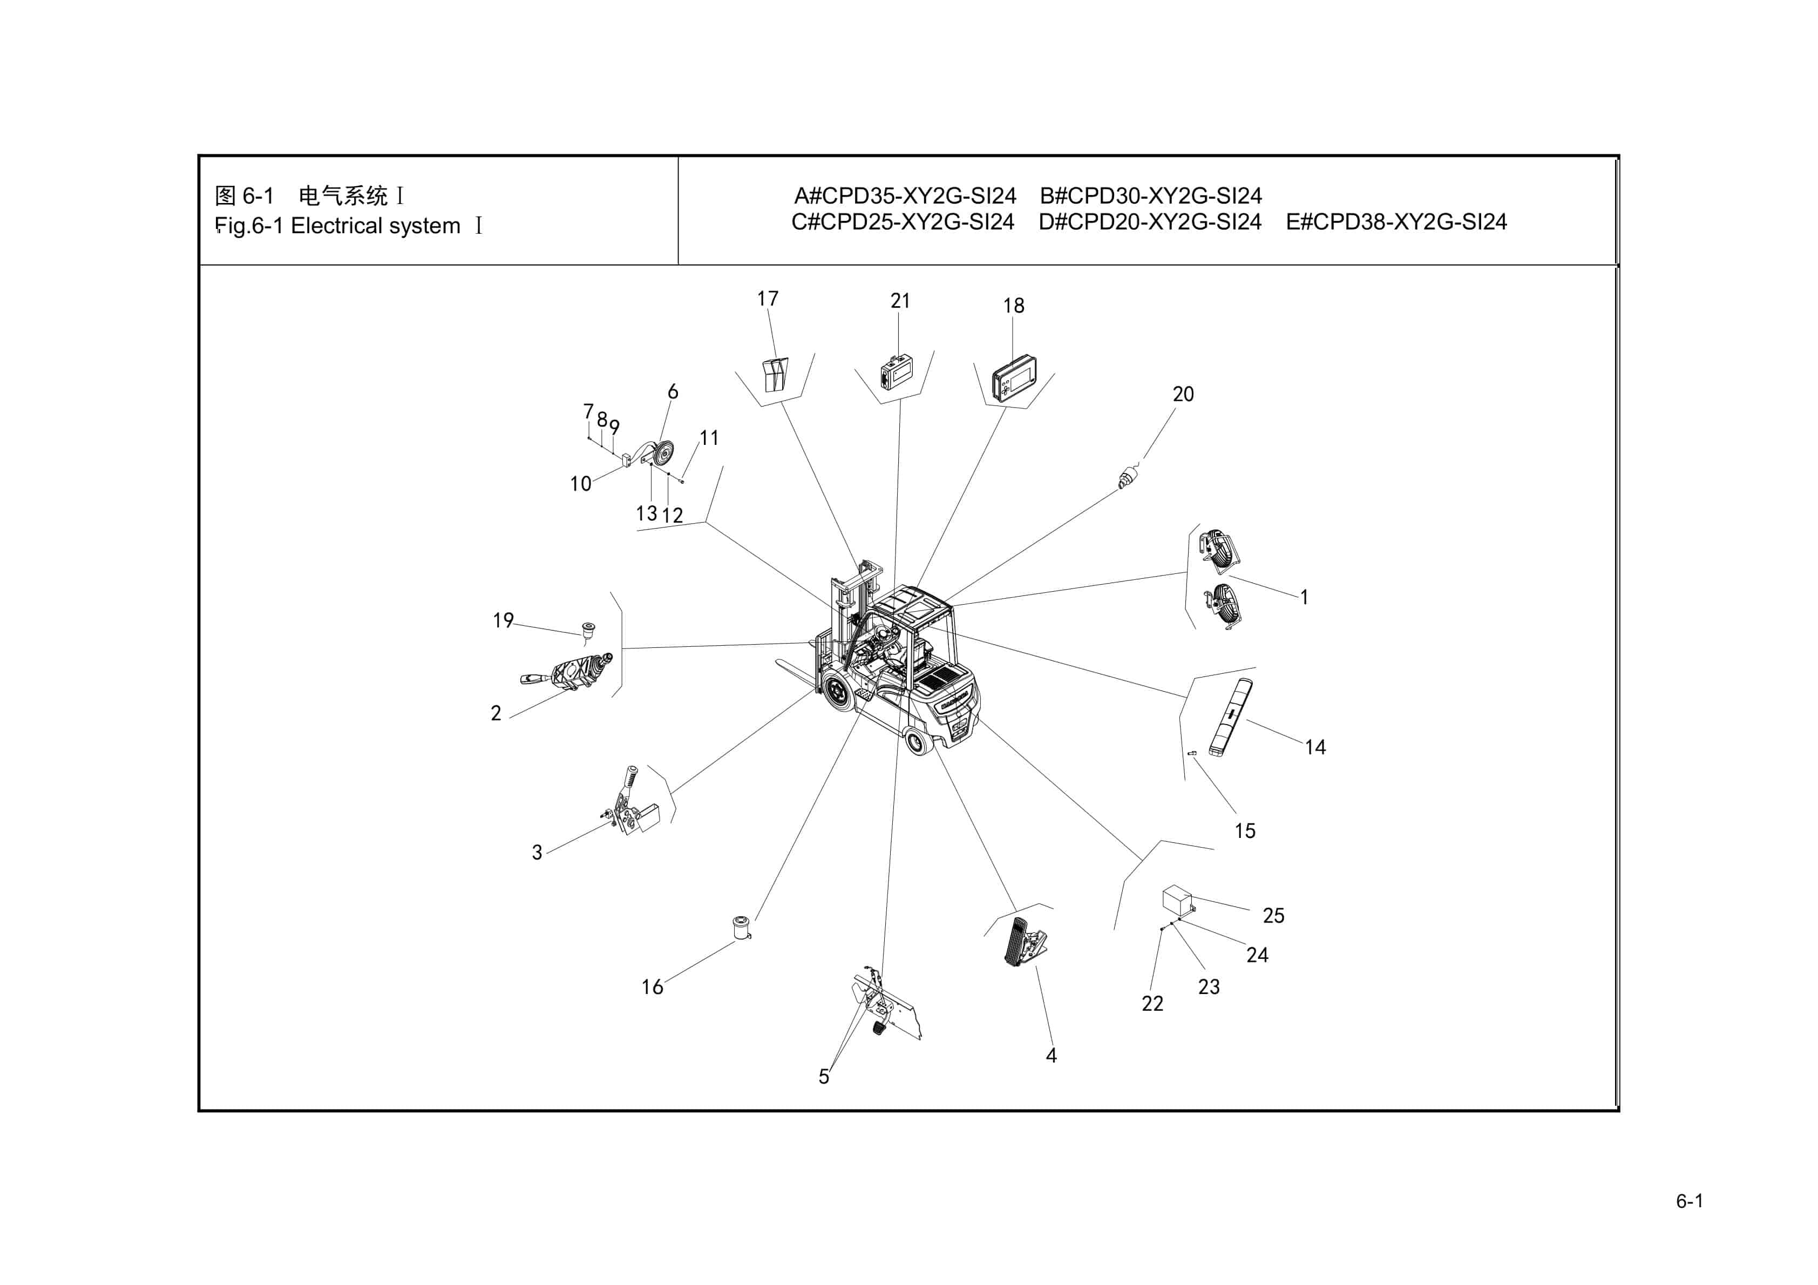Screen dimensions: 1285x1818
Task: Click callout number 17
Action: coord(767,299)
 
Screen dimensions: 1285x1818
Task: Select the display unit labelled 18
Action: coord(1014,380)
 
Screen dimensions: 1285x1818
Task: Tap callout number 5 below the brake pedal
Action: coord(824,1077)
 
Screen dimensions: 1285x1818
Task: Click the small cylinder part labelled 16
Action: coord(741,927)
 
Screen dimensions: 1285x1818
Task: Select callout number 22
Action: coord(1152,1004)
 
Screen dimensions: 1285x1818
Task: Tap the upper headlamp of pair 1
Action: coord(1218,548)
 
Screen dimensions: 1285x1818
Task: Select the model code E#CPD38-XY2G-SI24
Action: coord(1396,222)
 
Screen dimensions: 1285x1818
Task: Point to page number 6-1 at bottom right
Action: coord(1689,1201)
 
